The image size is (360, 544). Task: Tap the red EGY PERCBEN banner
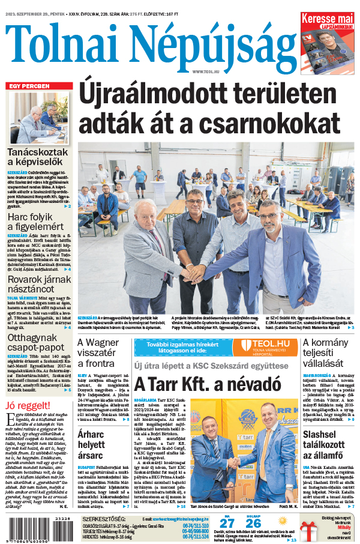28,86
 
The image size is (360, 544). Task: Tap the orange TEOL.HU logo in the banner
264,346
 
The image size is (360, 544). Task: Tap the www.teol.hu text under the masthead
206,71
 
